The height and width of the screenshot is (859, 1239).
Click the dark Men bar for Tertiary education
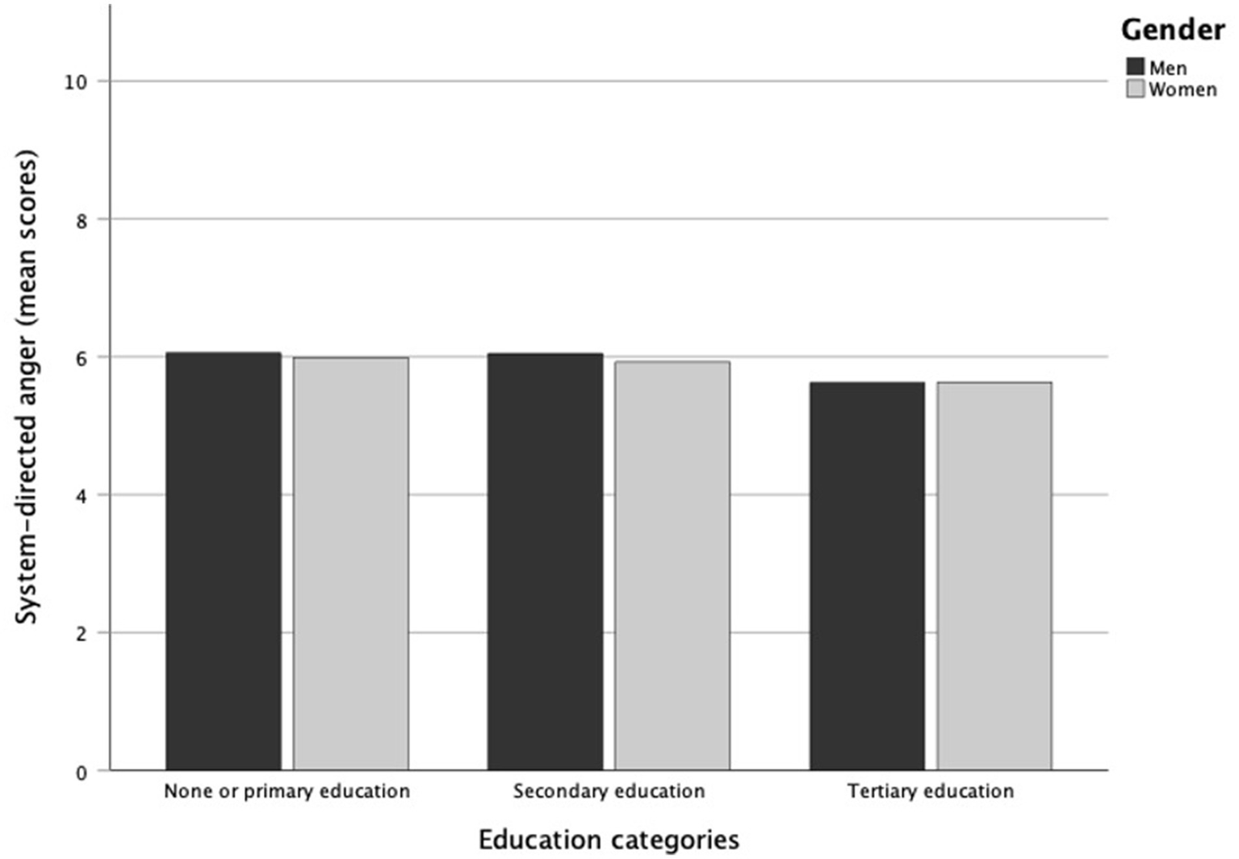coord(867,576)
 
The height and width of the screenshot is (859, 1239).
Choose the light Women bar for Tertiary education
coord(994,576)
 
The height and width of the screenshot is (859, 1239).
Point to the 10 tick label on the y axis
coord(76,82)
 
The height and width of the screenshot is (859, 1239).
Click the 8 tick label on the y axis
coord(82,220)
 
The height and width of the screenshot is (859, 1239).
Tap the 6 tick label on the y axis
coord(82,358)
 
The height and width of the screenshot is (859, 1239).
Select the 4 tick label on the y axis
coord(82,496)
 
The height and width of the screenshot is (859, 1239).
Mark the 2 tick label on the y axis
coord(82,634)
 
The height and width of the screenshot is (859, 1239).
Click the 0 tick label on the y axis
coord(82,772)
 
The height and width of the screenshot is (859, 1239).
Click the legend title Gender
coord(1172,30)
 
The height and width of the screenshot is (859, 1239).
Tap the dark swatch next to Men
coord(1135,67)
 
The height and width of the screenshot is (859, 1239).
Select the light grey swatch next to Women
coord(1135,89)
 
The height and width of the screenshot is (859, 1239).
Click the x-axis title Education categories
coord(609,840)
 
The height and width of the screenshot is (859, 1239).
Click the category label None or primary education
coord(287,791)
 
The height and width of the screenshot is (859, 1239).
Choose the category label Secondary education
coord(609,791)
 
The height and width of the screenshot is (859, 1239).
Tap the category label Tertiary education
coord(930,791)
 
